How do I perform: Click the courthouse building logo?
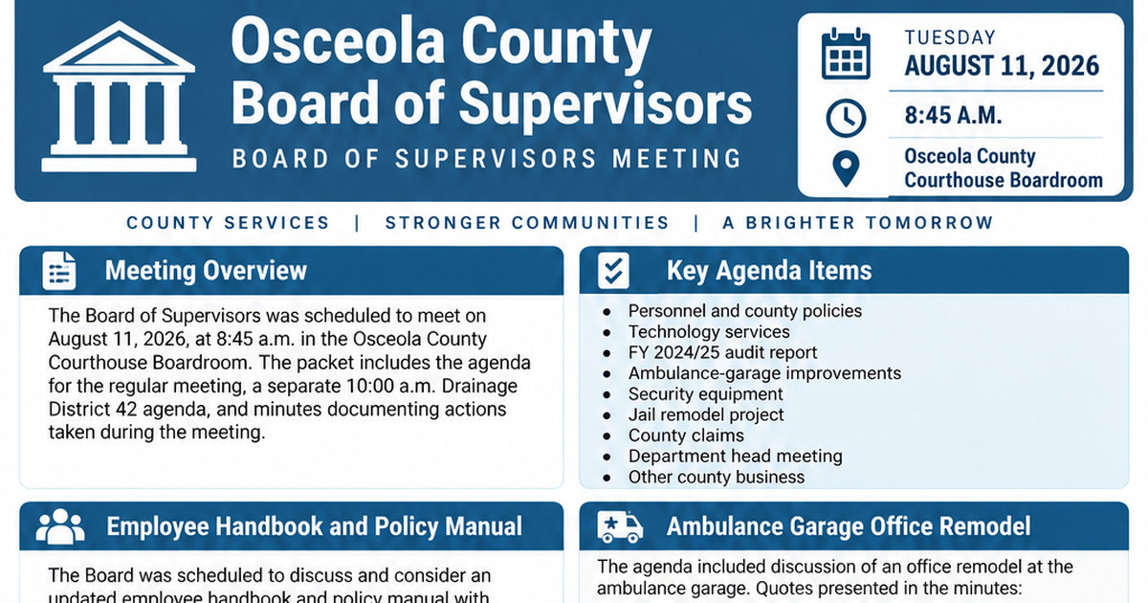click(x=119, y=96)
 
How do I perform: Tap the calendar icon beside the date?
click(x=846, y=54)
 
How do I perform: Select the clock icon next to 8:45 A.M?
click(x=846, y=118)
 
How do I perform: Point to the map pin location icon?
click(x=846, y=168)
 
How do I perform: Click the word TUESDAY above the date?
click(x=950, y=37)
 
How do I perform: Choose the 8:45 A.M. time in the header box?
click(x=953, y=115)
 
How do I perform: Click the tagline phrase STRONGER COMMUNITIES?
click(x=527, y=222)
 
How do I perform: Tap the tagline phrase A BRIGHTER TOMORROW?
click(x=858, y=222)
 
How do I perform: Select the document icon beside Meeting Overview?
click(x=59, y=270)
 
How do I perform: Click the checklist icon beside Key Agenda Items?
click(x=613, y=270)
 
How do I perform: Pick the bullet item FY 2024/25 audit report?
click(x=722, y=353)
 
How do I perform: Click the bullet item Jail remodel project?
click(x=706, y=414)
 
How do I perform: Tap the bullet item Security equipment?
click(x=706, y=393)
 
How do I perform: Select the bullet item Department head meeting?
click(x=736, y=456)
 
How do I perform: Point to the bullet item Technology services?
click(x=709, y=332)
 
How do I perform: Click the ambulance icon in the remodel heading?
click(x=620, y=526)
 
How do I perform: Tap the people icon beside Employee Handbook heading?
click(x=60, y=526)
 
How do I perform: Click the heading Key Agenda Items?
click(x=769, y=270)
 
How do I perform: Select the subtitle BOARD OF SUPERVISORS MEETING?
click(x=486, y=159)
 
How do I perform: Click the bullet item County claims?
click(x=686, y=435)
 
